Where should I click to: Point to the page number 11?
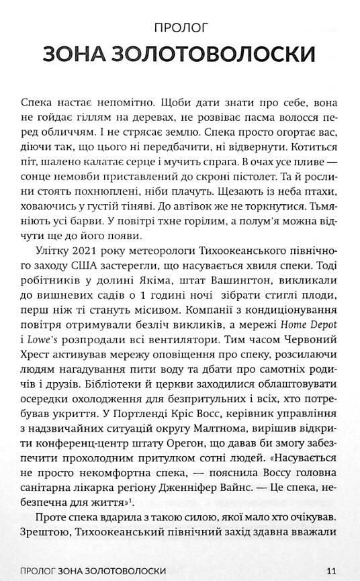pos(330,570)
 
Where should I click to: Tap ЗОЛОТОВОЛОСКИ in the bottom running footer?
pos(119,570)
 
